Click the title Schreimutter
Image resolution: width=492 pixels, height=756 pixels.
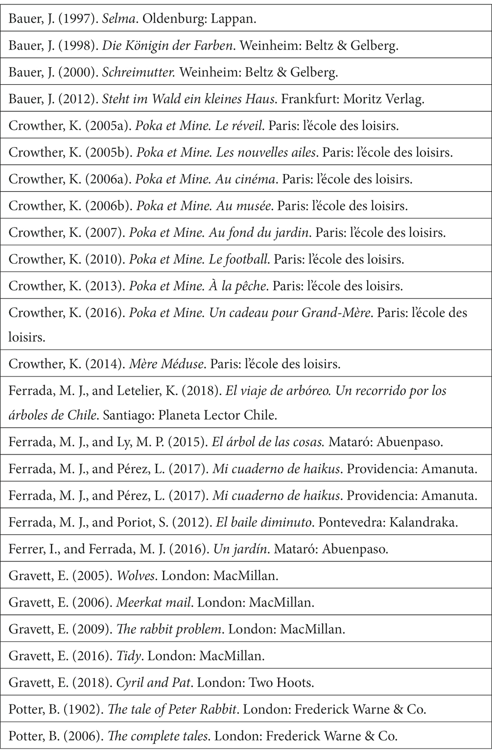tap(139, 73)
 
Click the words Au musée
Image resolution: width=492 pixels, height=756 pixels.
tap(244, 205)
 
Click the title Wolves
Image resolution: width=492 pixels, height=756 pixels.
tap(136, 575)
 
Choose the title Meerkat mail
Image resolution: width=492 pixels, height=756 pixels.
tap(153, 602)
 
